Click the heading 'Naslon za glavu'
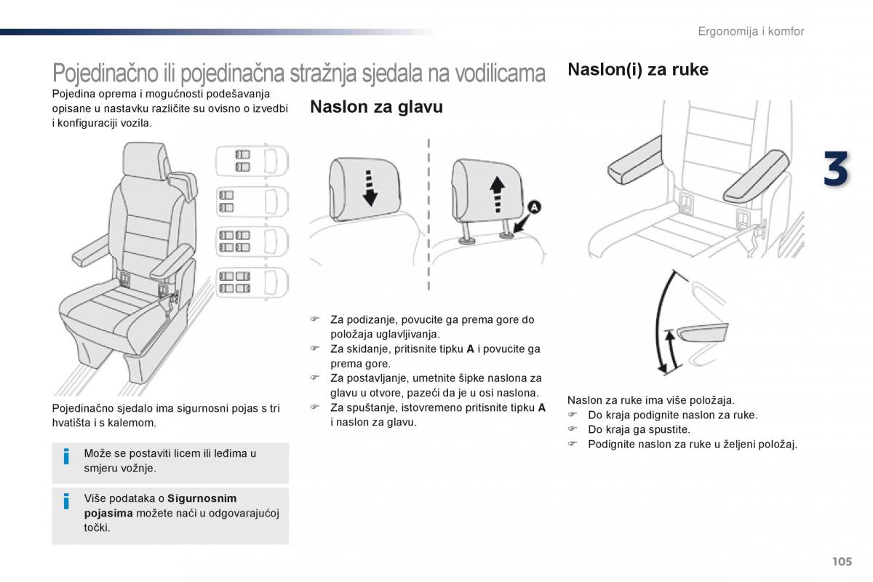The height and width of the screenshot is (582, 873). [376, 107]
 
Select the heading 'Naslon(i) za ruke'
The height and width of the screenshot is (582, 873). [637, 70]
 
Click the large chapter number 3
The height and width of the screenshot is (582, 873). [836, 170]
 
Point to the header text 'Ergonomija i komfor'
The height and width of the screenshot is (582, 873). [751, 31]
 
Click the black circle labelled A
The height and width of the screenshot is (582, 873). [533, 208]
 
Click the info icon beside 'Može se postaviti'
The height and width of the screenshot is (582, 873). [66, 456]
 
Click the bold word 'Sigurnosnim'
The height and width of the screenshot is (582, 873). [202, 498]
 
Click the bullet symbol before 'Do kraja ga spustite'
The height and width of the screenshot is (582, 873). [572, 429]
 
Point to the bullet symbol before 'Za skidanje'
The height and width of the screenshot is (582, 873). [315, 348]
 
